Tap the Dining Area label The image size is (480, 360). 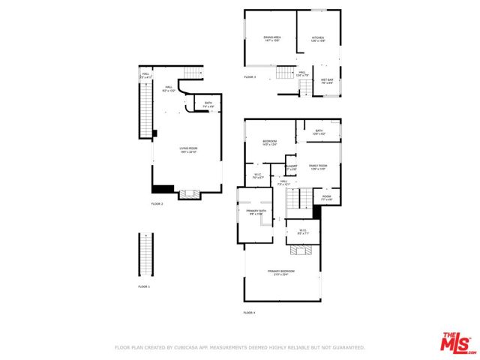[x=271, y=38]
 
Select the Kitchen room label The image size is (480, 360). [x=318, y=38]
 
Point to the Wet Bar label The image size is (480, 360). [x=327, y=80]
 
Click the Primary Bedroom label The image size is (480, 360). [x=281, y=272]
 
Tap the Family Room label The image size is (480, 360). [x=318, y=166]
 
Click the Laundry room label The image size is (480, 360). [x=291, y=167]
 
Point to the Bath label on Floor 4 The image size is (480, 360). [x=318, y=132]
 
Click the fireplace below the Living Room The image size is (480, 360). [x=187, y=193]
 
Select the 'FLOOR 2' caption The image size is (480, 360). [x=157, y=204]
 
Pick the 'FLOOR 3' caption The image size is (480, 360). [x=250, y=77]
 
